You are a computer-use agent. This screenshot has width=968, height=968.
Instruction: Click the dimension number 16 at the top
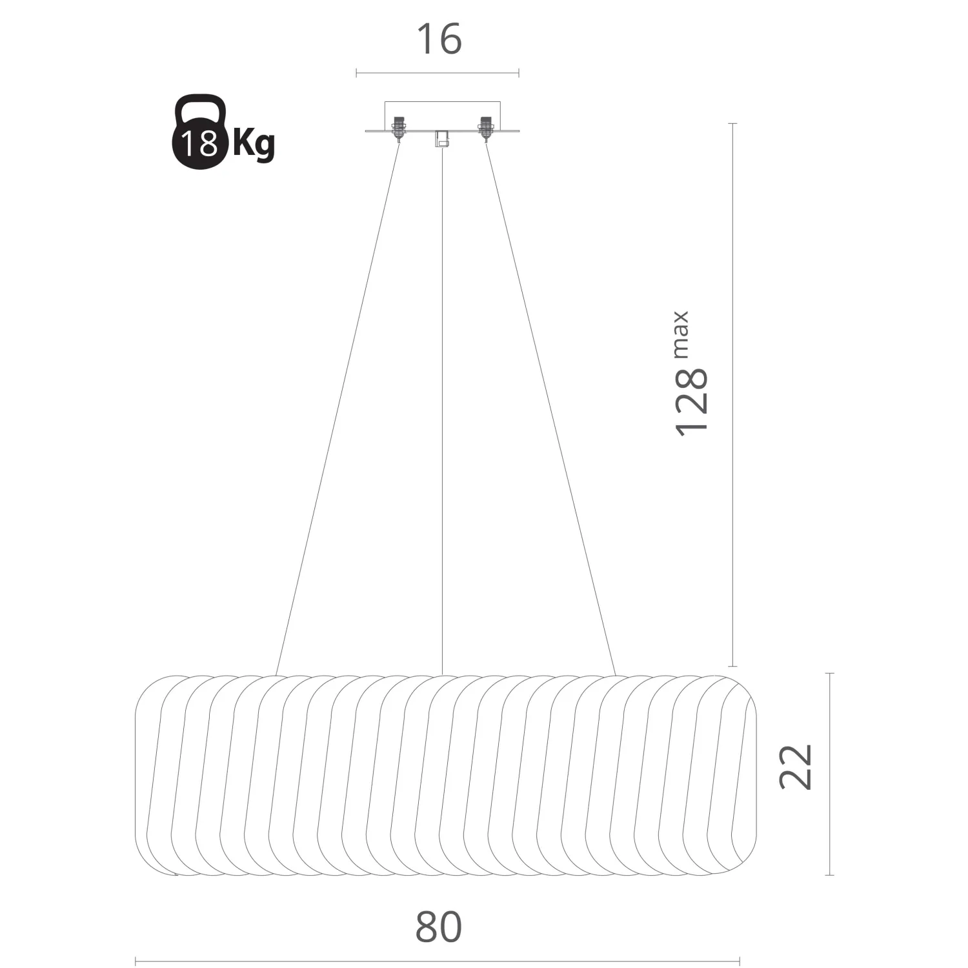[x=439, y=39]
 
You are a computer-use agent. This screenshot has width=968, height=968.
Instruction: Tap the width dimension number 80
[x=439, y=927]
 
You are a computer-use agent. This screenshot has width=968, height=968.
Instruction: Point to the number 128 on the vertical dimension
[x=692, y=403]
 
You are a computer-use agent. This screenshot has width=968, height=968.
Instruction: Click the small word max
[x=681, y=334]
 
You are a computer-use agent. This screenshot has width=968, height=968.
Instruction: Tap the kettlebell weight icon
[x=200, y=134]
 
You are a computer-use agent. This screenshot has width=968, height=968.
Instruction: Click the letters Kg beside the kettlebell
[x=254, y=144]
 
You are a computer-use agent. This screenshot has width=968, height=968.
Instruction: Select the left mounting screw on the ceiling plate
[x=399, y=127]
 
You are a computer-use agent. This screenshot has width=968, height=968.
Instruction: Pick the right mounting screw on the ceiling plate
[x=485, y=127]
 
